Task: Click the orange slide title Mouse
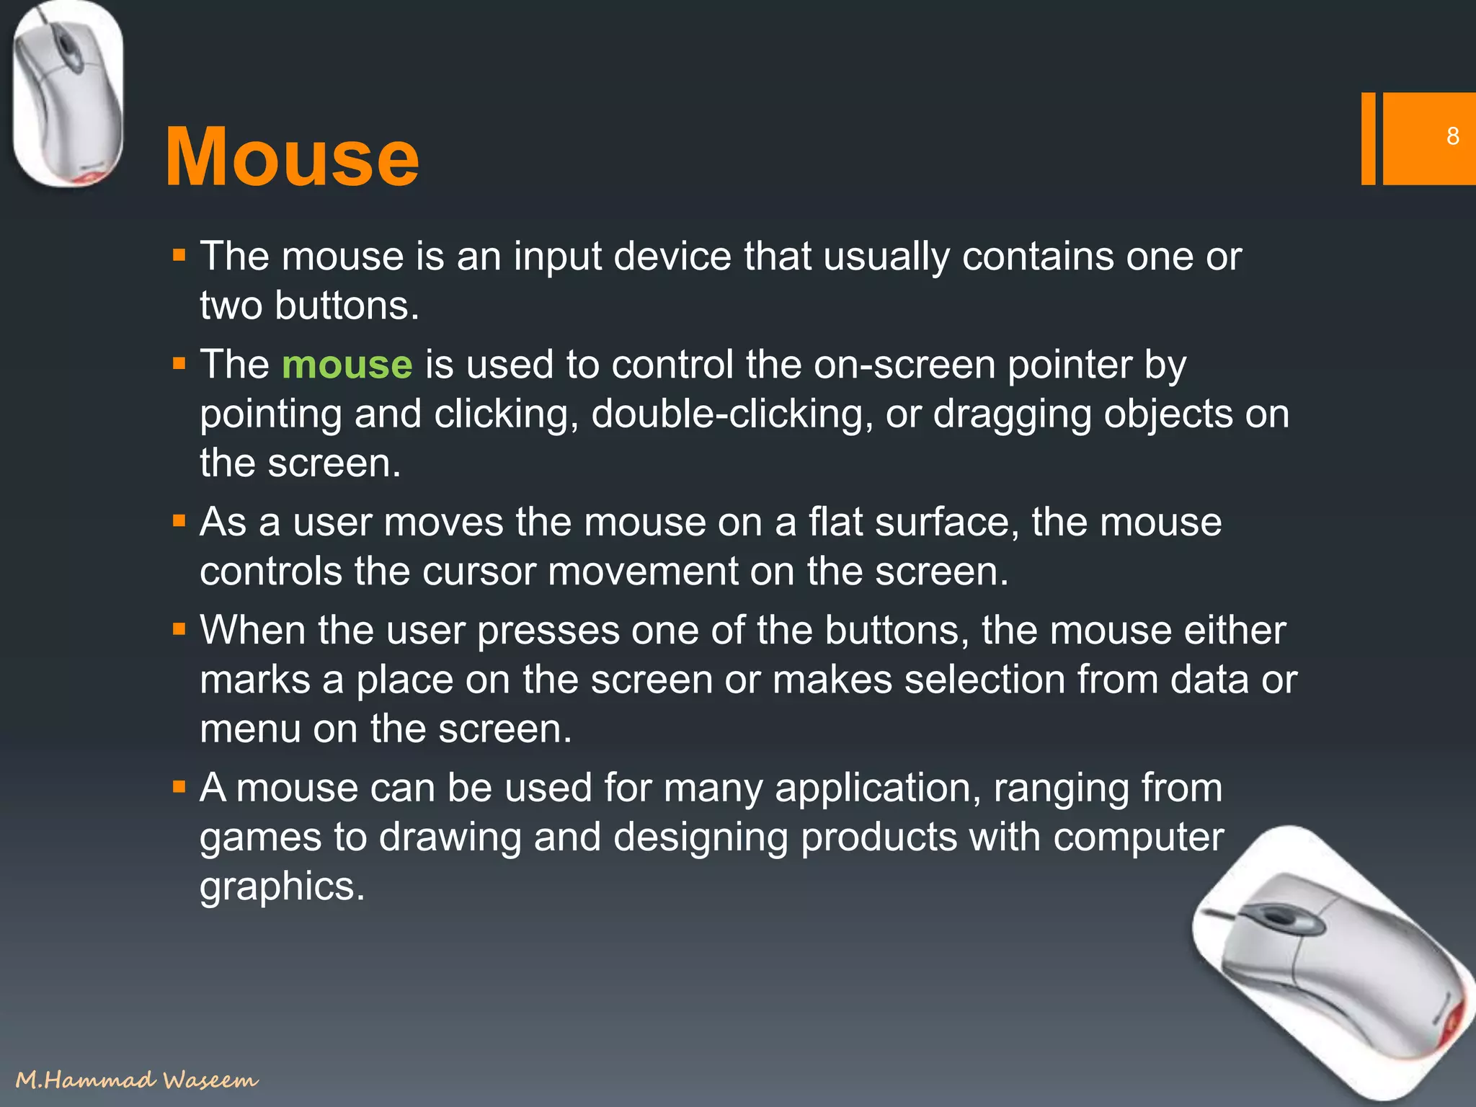(292, 157)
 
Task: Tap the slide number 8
(1452, 136)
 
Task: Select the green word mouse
(347, 365)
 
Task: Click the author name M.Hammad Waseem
(136, 1079)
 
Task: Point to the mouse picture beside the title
(68, 94)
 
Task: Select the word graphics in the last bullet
(282, 886)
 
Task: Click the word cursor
(479, 572)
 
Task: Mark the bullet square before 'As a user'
(179, 520)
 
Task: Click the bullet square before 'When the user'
(179, 629)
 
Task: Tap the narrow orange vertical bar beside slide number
(1368, 138)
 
